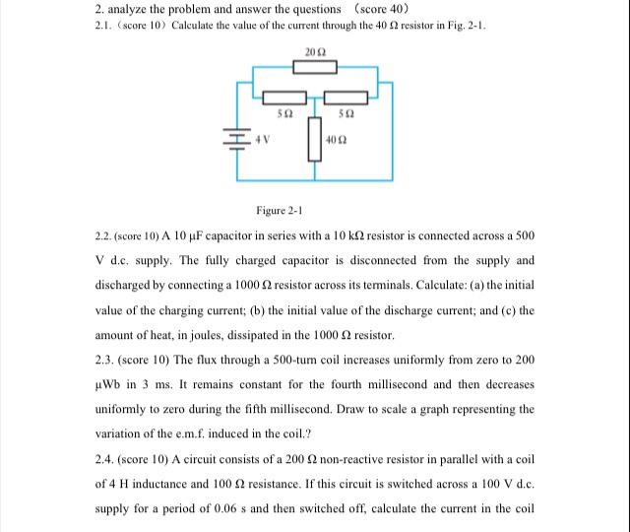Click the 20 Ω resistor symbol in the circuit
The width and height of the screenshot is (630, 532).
pyautogui.click(x=314, y=67)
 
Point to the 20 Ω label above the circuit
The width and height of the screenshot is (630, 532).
pyautogui.click(x=314, y=50)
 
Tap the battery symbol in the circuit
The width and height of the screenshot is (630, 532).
pyautogui.click(x=238, y=140)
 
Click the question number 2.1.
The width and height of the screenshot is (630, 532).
pyautogui.click(x=96, y=25)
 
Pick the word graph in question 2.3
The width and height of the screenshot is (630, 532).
pyautogui.click(x=421, y=409)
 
